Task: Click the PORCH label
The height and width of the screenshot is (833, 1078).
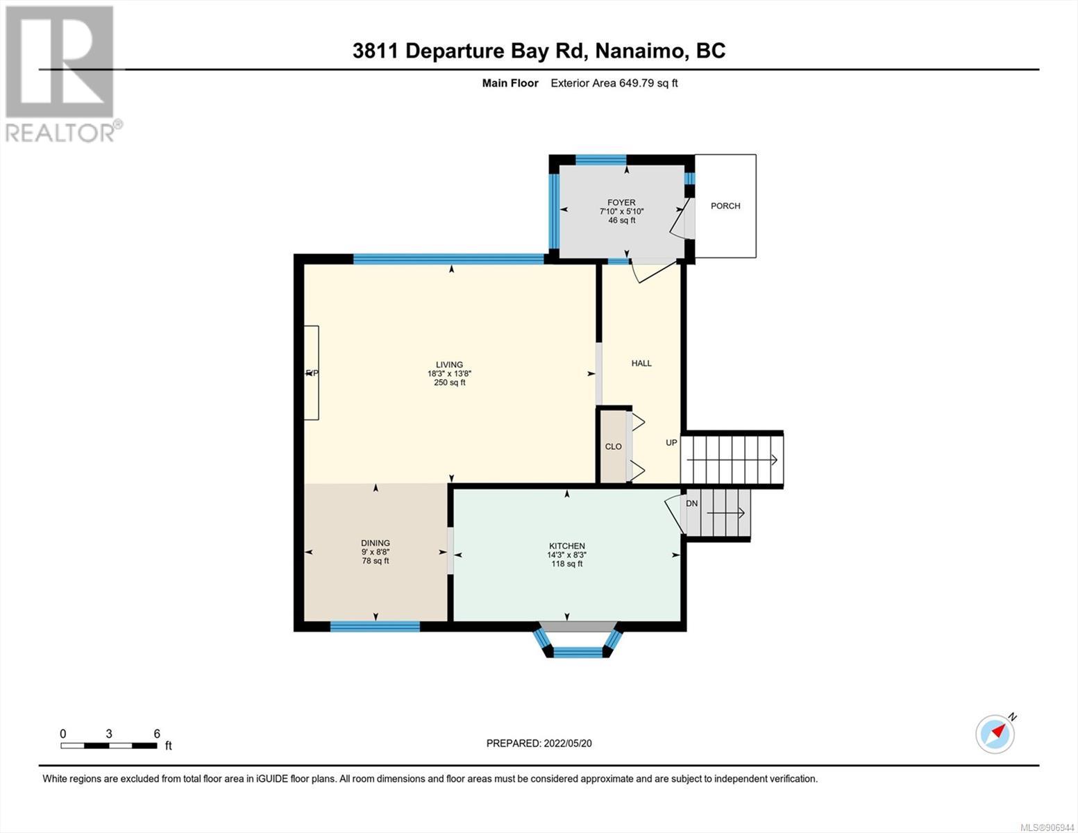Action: (725, 206)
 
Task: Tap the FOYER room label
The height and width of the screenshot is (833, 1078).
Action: (621, 203)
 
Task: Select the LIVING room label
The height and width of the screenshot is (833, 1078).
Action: (449, 364)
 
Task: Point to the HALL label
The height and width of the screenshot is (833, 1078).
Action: (641, 363)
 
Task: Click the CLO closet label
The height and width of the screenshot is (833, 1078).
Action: (613, 446)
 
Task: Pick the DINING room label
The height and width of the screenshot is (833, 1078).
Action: (375, 544)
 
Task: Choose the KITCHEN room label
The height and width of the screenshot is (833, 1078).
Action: (566, 546)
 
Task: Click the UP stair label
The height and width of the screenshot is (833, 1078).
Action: (671, 443)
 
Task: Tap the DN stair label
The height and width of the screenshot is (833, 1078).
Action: (691, 503)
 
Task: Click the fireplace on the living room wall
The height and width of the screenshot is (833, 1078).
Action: (311, 373)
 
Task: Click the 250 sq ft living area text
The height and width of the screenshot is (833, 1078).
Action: (450, 382)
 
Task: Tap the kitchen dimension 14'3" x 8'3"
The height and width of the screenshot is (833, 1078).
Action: (566, 555)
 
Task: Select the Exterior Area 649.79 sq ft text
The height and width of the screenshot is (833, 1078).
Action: (614, 83)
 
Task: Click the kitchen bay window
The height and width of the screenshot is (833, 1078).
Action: (578, 643)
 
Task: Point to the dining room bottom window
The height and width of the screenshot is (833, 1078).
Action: (375, 626)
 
